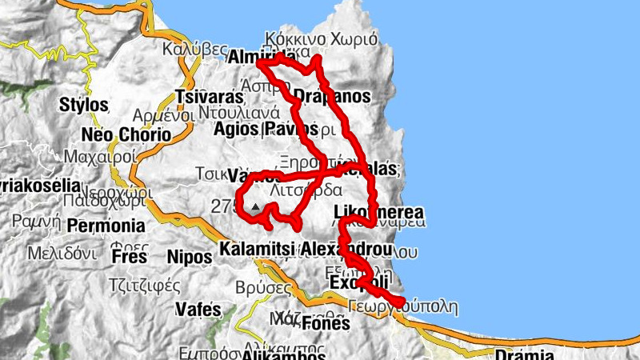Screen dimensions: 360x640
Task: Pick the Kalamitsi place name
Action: tap(258, 249)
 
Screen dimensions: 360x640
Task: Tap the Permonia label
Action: tap(106, 226)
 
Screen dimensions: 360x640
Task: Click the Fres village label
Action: tap(130, 258)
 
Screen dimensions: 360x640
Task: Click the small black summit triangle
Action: tap(255, 206)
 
